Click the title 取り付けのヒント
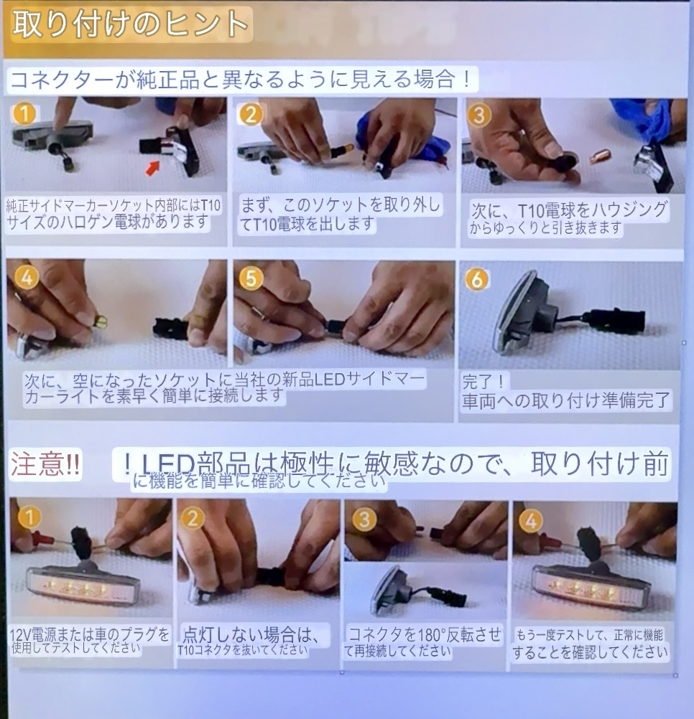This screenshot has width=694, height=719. pyautogui.click(x=129, y=25)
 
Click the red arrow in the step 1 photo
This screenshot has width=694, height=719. pyautogui.click(x=152, y=169)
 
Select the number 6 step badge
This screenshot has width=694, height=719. pyautogui.click(x=476, y=280)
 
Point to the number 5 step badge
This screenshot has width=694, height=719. pyautogui.click(x=250, y=278)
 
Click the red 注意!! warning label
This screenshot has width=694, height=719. pyautogui.click(x=45, y=466)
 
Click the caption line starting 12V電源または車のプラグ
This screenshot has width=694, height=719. pyautogui.click(x=91, y=634)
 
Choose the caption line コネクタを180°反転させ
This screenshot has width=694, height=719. pyautogui.click(x=425, y=634)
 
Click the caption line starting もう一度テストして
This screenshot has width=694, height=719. pyautogui.click(x=589, y=634)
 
